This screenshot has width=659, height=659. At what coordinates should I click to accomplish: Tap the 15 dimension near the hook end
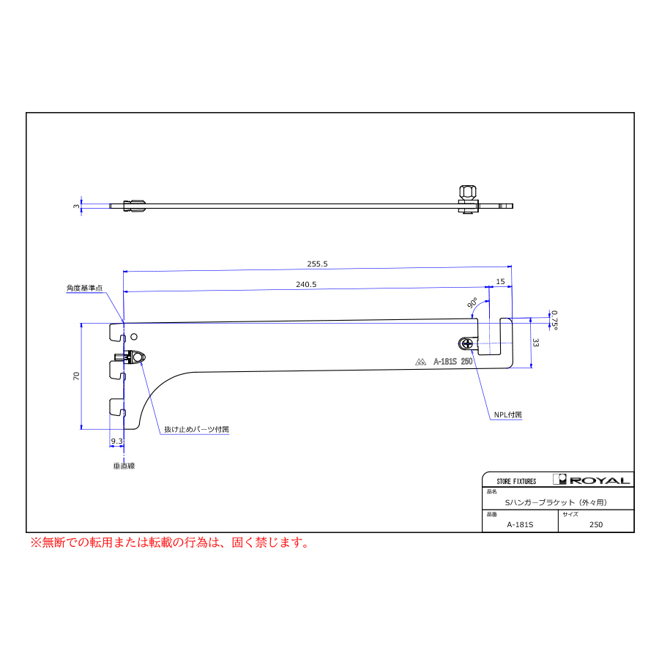tap(500, 281)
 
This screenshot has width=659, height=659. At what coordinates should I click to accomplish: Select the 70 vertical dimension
tap(75, 376)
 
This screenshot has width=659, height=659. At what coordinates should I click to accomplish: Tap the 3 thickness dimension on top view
tap(75, 206)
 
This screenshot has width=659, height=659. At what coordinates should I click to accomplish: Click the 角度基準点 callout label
tap(85, 288)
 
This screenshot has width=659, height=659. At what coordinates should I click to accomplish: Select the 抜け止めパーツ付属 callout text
tap(196, 430)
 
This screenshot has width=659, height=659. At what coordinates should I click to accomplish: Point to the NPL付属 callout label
tap(507, 414)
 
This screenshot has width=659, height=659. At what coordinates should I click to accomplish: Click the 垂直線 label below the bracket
tap(124, 465)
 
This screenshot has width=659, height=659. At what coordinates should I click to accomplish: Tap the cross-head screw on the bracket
tap(466, 343)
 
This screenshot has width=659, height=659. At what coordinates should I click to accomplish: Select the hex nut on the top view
tap(467, 193)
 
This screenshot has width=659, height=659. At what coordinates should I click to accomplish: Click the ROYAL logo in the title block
tap(592, 480)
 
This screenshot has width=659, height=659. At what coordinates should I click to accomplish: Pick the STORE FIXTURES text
tap(516, 481)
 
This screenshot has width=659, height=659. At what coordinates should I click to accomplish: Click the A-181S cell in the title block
tap(520, 524)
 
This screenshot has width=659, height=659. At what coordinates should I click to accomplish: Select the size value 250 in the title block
tap(595, 524)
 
